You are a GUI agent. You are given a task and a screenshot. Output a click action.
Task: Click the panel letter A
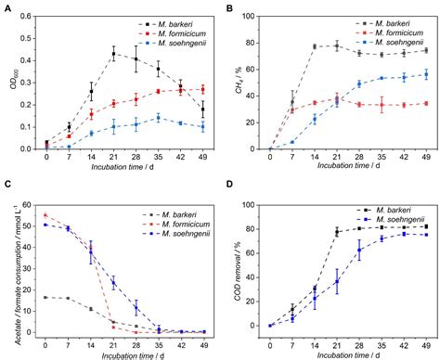[7, 8]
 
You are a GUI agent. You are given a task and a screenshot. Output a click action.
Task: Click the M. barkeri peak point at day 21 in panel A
[113, 54]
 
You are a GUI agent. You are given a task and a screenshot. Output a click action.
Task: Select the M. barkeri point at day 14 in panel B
[314, 46]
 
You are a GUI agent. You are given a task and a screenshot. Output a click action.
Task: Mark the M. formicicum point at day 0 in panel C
[46, 215]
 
